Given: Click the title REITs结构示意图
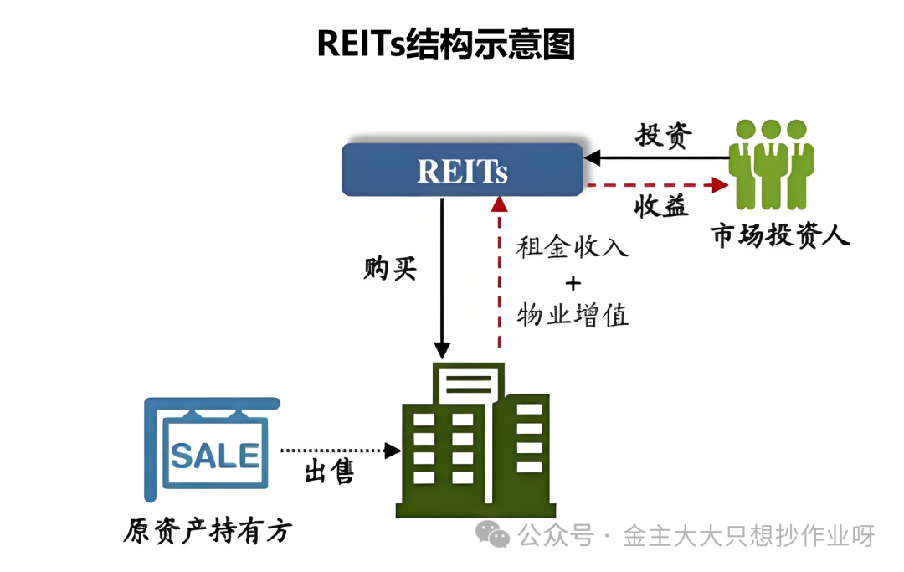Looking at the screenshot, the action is pos(445,44).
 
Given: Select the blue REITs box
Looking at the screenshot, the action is pos(462,169).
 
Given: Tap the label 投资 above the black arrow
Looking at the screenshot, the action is pos(664,136).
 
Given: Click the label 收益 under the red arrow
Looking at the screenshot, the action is pos(661,206).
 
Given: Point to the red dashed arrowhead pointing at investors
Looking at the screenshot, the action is pos(721,185).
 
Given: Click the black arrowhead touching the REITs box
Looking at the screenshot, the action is pos(592,157).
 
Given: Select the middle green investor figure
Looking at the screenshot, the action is pos(771,164).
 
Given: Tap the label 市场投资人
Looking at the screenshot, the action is pos(780,235).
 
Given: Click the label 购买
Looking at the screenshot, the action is pos(390,269).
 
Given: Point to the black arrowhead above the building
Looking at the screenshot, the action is pos(442,350).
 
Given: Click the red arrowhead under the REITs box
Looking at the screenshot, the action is pos(499,204).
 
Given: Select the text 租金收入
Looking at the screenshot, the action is pos(572,247).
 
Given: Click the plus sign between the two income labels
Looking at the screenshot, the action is pos(573,283).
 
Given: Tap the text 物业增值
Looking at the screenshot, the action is pos(573,315).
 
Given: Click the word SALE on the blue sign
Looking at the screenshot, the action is pos(216,456).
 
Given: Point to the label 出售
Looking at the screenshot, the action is pos(329,472).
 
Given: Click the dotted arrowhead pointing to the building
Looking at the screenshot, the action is pos(393,451).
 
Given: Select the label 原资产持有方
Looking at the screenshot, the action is pos(208,531).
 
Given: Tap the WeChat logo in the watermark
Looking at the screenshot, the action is pos(492,534).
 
